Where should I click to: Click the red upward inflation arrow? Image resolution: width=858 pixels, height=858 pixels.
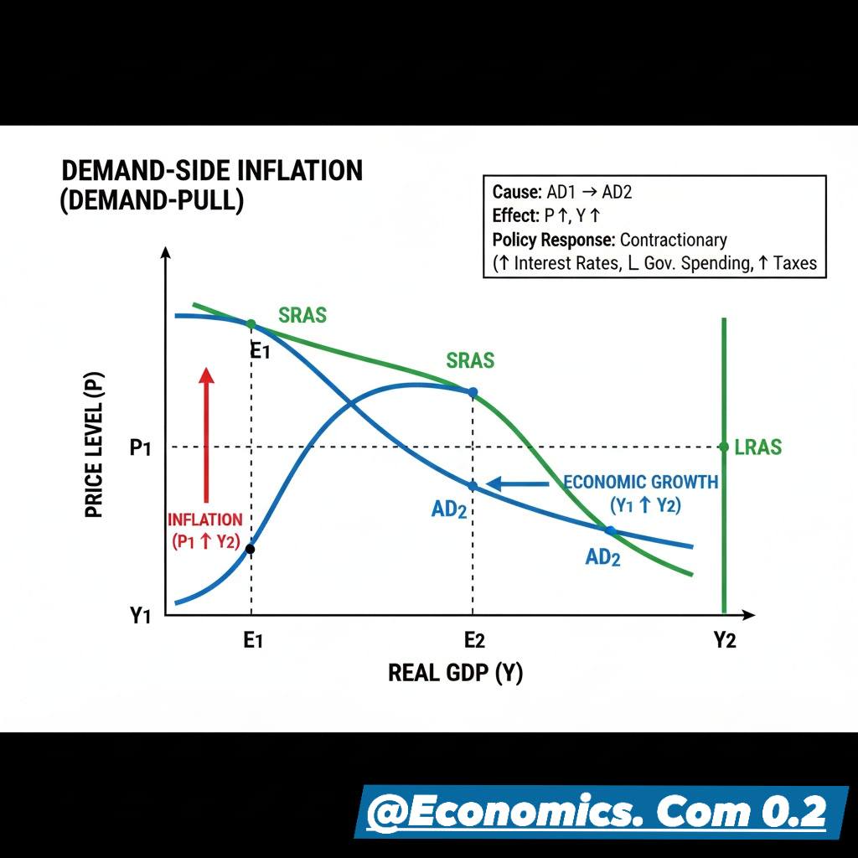pos(206,435)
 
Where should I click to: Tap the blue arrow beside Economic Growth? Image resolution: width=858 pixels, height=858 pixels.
pos(518,483)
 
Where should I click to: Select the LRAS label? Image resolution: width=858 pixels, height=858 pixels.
pos(757,447)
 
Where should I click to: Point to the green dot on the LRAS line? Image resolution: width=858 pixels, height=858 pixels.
pos(724,447)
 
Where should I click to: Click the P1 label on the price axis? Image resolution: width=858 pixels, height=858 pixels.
pos(140,447)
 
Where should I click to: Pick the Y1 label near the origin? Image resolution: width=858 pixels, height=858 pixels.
pos(140,616)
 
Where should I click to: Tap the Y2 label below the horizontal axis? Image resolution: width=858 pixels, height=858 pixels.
pos(725,639)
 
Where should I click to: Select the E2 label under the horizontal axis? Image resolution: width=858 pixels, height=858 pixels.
pos(474,639)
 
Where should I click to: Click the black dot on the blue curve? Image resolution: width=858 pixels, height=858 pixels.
pos(250,549)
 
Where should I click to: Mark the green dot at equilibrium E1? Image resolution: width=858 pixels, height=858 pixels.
pos(251,324)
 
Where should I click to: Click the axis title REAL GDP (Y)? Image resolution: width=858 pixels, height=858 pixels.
pos(455,673)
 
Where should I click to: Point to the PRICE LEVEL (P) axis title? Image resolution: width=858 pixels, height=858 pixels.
pos(94,445)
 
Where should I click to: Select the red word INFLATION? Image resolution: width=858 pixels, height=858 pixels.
pos(205,519)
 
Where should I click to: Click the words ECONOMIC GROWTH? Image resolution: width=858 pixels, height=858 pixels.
pos(641,482)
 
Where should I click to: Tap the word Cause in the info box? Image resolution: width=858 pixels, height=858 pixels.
pos(516,192)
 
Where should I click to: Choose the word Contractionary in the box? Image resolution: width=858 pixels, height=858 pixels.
pos(674,240)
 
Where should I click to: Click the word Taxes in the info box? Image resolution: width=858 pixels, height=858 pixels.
pos(795,263)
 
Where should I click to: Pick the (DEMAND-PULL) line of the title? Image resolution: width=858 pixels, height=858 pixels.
pos(152,200)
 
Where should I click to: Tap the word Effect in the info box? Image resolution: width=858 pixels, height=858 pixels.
pos(515,215)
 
